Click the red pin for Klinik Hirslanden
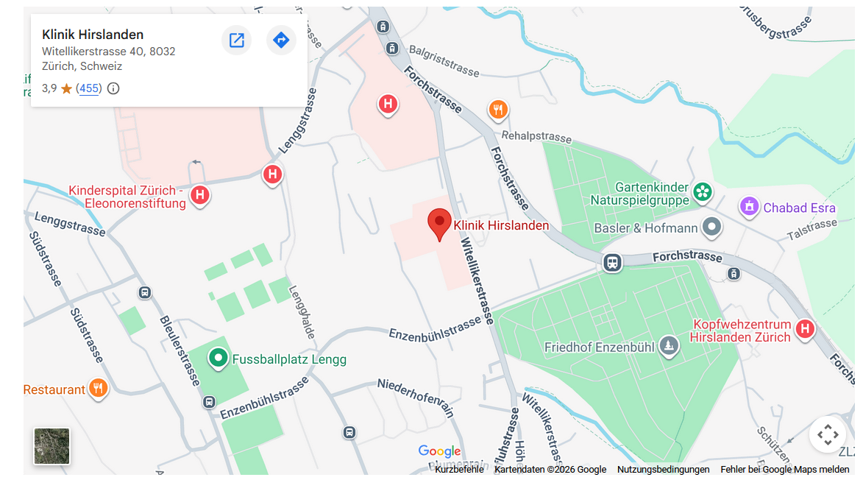click(439, 222)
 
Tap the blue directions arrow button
click(281, 40)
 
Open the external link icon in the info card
click(236, 40)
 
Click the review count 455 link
click(89, 88)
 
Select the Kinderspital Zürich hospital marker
click(199, 196)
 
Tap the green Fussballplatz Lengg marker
click(218, 359)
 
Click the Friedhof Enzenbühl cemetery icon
click(668, 346)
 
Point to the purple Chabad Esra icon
click(749, 207)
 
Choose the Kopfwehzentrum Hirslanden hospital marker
click(805, 329)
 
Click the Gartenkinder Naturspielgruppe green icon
click(703, 192)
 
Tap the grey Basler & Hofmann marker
click(711, 227)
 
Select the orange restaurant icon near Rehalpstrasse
click(498, 110)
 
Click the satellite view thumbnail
click(52, 446)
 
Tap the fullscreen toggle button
click(827, 434)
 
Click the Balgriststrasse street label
click(444, 60)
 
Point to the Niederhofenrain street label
click(416, 398)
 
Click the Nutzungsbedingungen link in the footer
click(663, 469)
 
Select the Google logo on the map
click(439, 451)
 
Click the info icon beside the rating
click(113, 88)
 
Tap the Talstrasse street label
click(812, 229)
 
